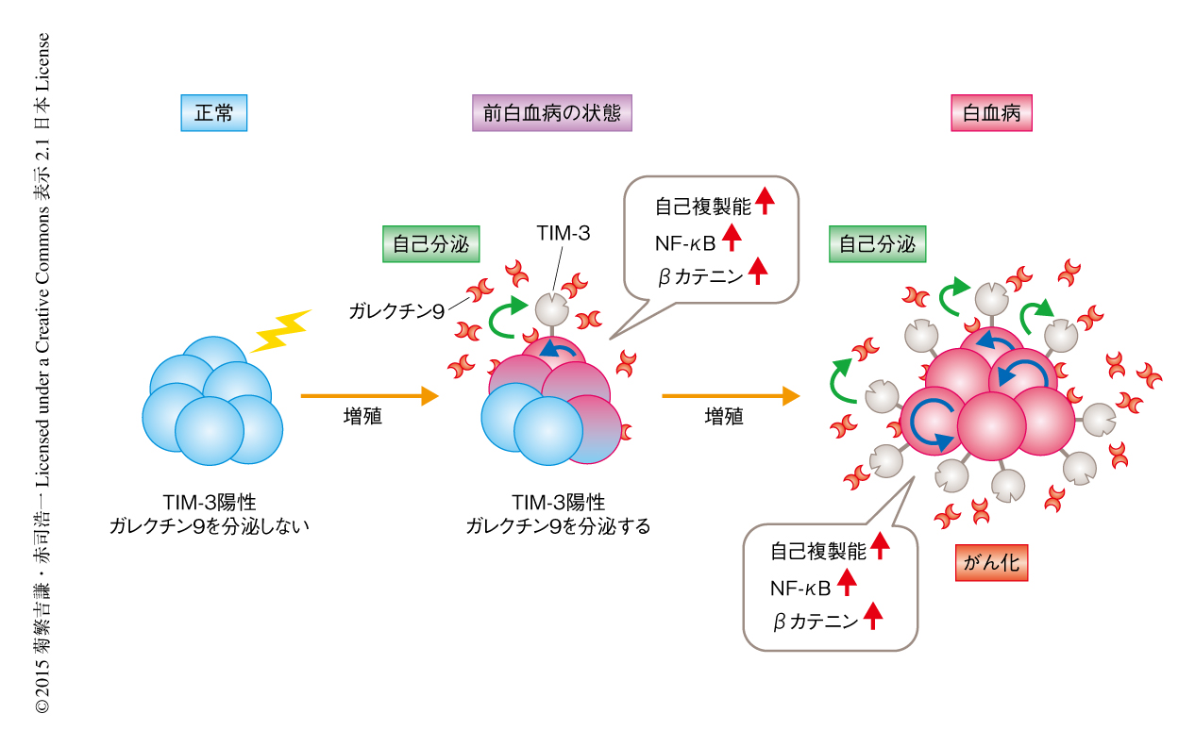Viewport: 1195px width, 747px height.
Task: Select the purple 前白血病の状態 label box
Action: coord(552,114)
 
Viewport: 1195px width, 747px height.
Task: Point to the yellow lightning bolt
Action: coord(279,329)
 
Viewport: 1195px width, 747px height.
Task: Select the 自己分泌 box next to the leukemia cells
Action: coord(877,244)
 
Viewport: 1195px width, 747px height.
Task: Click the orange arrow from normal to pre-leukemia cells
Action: coord(369,396)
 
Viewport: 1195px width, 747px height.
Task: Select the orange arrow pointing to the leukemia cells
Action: coord(730,396)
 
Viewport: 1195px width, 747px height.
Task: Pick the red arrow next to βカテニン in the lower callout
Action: coord(873,617)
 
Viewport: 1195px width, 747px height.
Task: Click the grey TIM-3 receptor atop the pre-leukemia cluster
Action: coord(549,309)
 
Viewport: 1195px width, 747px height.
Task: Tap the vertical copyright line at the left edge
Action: coord(42,373)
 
